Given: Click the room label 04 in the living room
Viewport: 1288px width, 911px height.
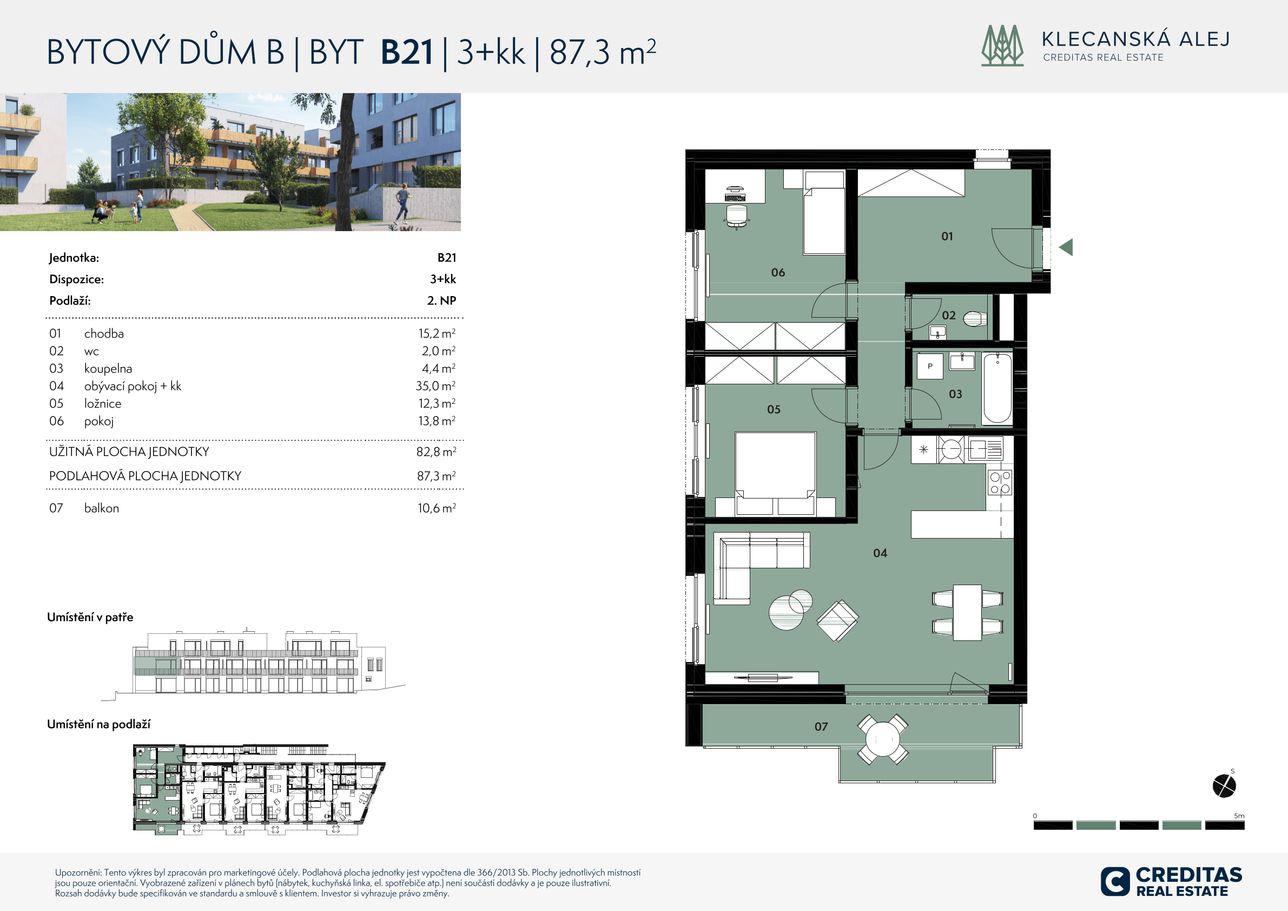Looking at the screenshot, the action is point(880,553).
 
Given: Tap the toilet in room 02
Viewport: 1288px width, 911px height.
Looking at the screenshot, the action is point(975,319).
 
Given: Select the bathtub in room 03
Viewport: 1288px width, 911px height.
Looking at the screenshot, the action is point(998,388).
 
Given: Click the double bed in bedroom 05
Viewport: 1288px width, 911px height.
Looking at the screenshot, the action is point(775,473).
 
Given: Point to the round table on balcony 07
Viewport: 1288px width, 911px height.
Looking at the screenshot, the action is point(883,739).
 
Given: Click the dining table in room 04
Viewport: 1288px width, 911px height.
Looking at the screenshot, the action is point(968,612).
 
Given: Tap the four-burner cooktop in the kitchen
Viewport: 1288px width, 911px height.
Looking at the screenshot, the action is point(1000,483).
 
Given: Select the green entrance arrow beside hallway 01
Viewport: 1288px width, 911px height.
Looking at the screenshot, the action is point(1066,247).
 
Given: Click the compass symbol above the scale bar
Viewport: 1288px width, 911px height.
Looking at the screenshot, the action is point(1224,785).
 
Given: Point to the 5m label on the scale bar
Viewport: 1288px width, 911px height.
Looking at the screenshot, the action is point(1239,816).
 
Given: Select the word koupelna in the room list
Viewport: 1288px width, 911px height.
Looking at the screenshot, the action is point(108,368).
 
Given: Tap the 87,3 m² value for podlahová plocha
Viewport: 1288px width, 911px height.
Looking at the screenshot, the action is point(436,476).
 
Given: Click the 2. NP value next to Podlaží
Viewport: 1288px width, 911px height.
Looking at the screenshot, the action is point(441,300).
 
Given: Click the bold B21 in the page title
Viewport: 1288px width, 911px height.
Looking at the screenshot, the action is point(407,52).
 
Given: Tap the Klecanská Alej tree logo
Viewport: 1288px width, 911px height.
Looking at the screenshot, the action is point(1002,45).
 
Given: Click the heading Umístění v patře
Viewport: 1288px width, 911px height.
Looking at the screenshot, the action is point(90,618).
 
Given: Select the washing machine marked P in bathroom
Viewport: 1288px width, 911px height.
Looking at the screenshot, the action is point(930,366).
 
